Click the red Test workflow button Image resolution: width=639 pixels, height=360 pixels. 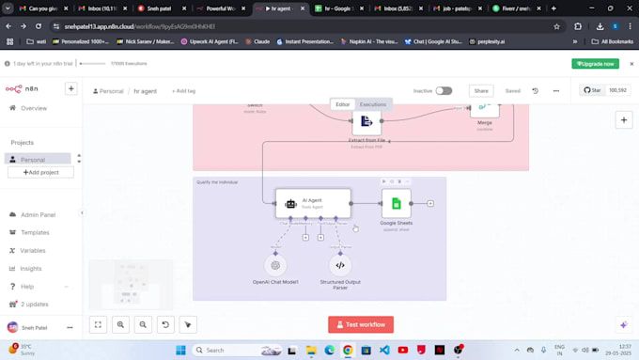coord(361,324)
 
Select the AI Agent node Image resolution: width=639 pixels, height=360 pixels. coord(313,203)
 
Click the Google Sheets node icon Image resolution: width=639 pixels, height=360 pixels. coord(396,203)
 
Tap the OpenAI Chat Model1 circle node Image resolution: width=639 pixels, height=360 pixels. coord(275,265)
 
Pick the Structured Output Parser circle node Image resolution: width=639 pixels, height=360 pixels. coord(340,265)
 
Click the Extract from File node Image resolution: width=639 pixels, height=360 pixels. coord(366,121)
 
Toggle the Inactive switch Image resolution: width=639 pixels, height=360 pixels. coord(444,91)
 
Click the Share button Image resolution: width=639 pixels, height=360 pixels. coord(481,91)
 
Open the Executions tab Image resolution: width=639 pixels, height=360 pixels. coord(373,104)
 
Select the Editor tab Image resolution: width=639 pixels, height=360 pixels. coord(343,104)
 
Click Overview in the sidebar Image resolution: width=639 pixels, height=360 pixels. coord(34,108)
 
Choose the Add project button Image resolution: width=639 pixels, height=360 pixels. coord(40,173)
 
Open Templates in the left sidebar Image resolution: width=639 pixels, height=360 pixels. coord(35,232)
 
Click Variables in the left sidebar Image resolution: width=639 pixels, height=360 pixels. coord(33,250)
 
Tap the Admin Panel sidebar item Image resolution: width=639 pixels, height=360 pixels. coord(38,214)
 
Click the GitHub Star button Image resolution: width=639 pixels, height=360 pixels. coord(592,90)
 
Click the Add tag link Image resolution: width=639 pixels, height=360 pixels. coord(184,91)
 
